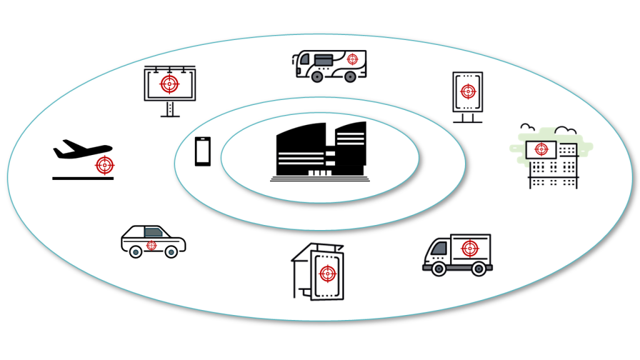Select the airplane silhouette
tap(80, 149)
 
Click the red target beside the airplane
tap(105, 166)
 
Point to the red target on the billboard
tap(167, 83)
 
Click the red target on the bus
tap(352, 59)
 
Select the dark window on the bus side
tap(323, 59)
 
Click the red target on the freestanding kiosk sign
tap(467, 92)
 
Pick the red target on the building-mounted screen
tap(541, 149)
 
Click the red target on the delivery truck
tap(469, 248)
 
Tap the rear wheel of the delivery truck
tap(478, 269)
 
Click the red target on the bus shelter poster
tap(327, 273)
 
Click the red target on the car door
tap(151, 246)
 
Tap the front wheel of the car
tap(171, 252)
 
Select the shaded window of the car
tap(152, 232)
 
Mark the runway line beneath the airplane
tap(82, 178)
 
